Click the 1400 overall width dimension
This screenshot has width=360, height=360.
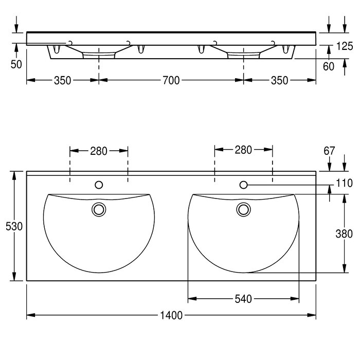(x=171, y=315)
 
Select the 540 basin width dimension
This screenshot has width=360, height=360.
(x=243, y=299)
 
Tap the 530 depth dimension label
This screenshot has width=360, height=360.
(x=14, y=226)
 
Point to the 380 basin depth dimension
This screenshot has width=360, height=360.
(x=344, y=233)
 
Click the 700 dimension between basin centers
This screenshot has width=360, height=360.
(x=171, y=80)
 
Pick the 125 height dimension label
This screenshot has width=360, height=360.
(x=345, y=46)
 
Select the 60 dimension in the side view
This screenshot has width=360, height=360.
(x=328, y=66)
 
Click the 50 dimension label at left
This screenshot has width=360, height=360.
(x=16, y=64)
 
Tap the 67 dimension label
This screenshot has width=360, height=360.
(x=329, y=151)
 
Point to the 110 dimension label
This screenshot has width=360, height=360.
(x=344, y=183)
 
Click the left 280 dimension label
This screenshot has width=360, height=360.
(x=99, y=151)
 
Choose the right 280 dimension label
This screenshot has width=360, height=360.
(x=243, y=150)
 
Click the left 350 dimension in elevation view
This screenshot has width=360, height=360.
(x=62, y=81)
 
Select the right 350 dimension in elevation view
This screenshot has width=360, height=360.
(x=279, y=81)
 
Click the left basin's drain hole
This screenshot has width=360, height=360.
(x=99, y=209)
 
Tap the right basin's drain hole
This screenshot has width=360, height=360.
(x=243, y=209)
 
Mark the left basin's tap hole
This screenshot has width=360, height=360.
(x=99, y=185)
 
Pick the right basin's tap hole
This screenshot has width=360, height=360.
(x=243, y=185)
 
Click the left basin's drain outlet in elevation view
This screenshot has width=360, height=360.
(x=99, y=56)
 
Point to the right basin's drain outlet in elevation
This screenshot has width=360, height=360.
(x=243, y=56)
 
